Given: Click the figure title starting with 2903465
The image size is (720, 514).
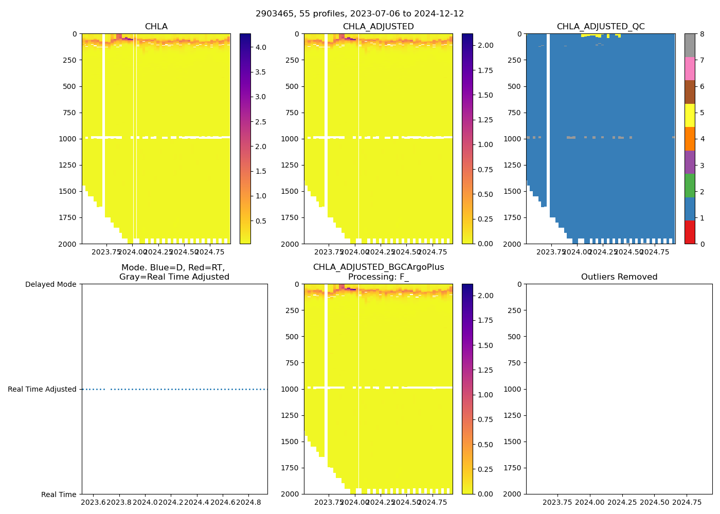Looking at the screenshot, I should (359, 14).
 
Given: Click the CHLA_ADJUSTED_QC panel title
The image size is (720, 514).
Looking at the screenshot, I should (600, 27).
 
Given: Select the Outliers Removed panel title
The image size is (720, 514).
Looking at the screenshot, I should (619, 277).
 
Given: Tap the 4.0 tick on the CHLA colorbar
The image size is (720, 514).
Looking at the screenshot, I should (261, 47).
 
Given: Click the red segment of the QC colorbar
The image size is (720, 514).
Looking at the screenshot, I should (690, 232).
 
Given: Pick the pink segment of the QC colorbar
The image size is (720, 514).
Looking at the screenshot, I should (690, 68).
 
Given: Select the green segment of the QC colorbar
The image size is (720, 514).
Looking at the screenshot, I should (690, 186).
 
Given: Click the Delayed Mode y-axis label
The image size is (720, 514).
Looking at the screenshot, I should (50, 284).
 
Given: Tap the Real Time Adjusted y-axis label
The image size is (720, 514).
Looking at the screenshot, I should (42, 389).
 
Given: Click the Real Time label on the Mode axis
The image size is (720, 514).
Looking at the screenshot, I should (59, 494).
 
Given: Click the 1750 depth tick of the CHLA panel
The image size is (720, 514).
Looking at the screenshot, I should (68, 217).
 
